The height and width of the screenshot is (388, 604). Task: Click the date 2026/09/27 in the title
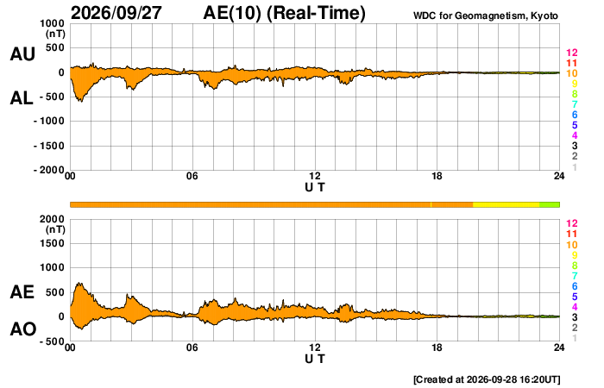(116, 13)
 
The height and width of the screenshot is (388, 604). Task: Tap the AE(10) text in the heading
(232, 13)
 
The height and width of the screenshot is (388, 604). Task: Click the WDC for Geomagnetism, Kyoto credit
(485, 16)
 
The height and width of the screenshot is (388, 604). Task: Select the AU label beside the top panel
(22, 53)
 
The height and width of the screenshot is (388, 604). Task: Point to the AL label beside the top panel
(22, 98)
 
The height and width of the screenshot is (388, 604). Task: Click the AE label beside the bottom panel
(22, 292)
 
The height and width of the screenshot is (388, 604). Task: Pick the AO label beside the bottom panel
(23, 329)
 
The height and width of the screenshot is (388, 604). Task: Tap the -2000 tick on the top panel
(49, 170)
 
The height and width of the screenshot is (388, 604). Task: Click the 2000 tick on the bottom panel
(52, 219)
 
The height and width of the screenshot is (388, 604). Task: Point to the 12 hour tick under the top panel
(315, 176)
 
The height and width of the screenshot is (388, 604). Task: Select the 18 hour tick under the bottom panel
(437, 347)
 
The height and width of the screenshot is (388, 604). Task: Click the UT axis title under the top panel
(315, 187)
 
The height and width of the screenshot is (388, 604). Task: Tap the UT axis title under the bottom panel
(315, 359)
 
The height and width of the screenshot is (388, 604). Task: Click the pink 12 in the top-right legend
(571, 53)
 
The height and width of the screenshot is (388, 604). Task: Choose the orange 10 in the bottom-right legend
(571, 245)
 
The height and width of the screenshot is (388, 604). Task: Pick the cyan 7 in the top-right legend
(575, 104)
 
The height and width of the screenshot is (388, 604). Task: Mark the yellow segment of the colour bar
(506, 204)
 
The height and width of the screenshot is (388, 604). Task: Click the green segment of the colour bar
(550, 204)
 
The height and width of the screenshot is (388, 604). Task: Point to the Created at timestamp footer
(487, 379)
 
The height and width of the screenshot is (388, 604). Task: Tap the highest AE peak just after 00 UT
(79, 284)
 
